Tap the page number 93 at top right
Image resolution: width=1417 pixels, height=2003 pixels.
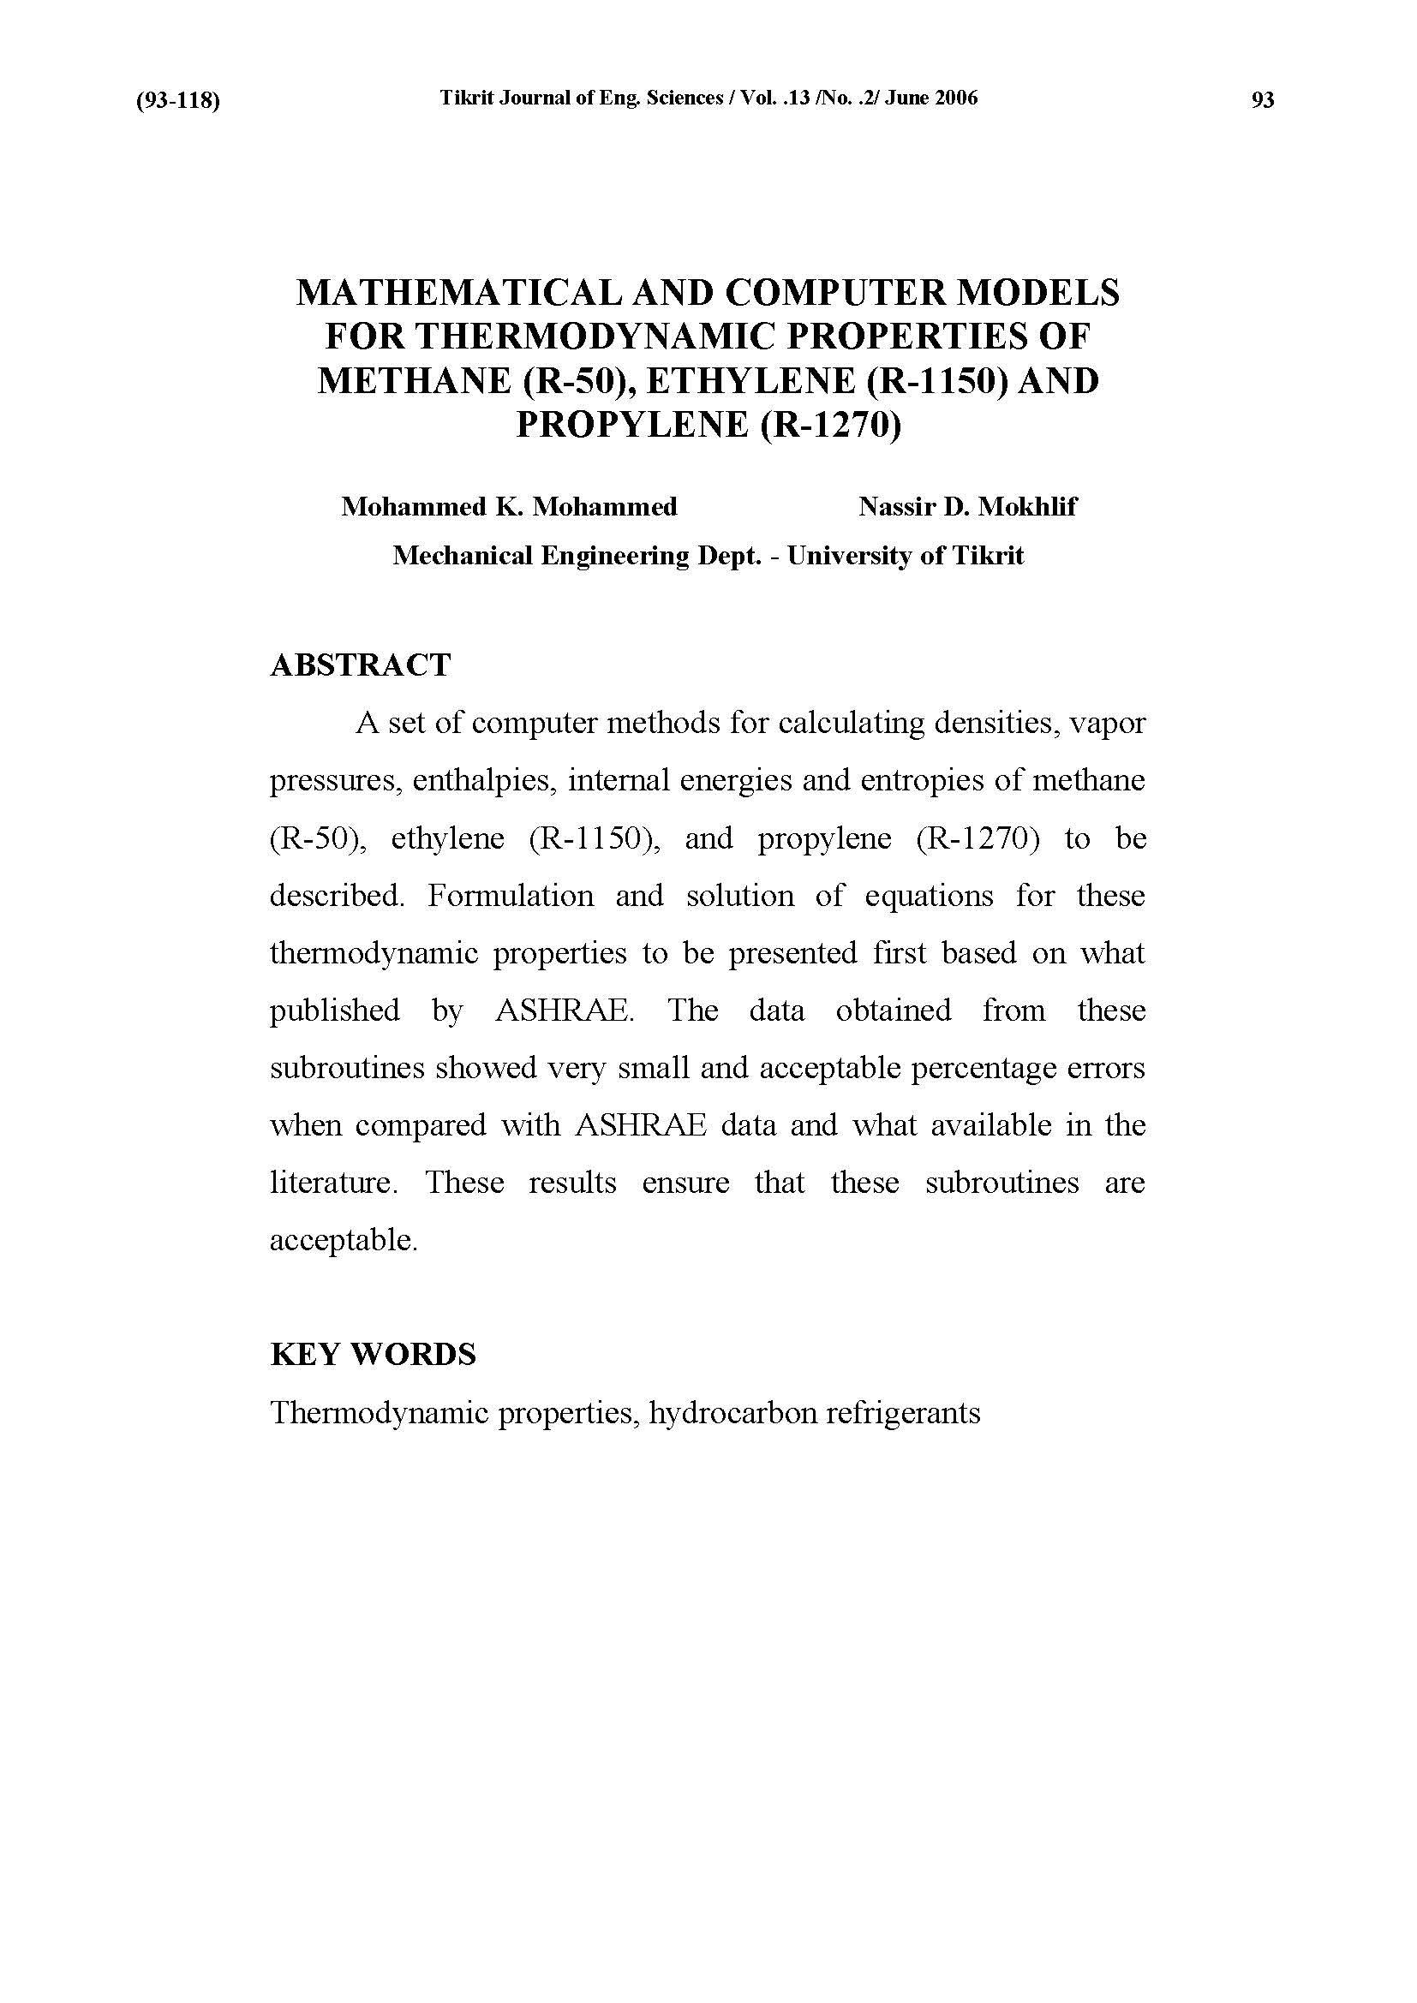point(1263,100)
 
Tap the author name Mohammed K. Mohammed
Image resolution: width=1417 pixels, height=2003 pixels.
point(509,507)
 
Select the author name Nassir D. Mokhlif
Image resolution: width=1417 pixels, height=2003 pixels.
point(966,507)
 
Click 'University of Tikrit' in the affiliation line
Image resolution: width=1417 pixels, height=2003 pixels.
point(905,556)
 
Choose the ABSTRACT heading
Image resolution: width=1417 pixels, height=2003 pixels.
point(361,665)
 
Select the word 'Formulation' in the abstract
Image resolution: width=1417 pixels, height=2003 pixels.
point(511,896)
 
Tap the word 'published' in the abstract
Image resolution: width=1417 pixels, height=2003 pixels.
point(334,1010)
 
